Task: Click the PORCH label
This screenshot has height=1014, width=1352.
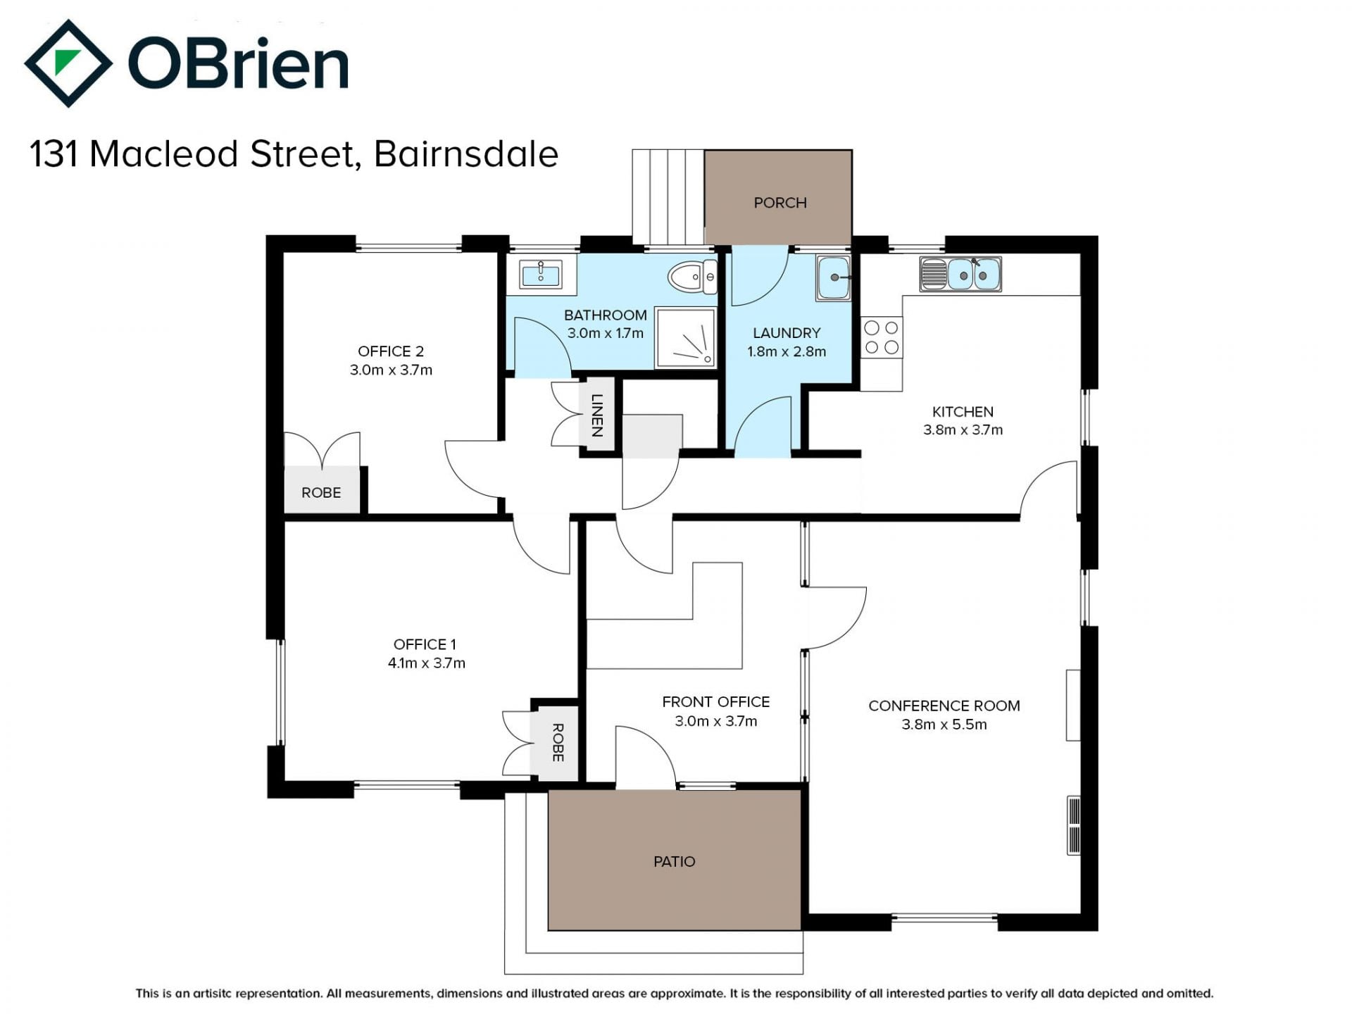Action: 780,203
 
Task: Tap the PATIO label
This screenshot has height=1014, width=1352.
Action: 674,861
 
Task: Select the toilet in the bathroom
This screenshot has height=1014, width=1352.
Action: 692,277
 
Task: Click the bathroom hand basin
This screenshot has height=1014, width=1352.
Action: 540,274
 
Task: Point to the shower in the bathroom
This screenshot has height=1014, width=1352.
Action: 686,337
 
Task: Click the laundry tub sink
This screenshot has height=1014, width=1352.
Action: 834,278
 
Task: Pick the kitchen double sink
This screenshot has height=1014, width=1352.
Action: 960,274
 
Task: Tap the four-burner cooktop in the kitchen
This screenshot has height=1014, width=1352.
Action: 882,337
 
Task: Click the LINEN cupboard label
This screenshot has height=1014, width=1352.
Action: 597,415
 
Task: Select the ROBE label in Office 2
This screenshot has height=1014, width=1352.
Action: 321,492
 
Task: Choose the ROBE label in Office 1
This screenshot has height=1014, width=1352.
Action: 558,742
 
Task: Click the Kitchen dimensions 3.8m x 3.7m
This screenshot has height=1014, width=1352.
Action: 963,430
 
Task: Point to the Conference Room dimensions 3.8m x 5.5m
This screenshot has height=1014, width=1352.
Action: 944,724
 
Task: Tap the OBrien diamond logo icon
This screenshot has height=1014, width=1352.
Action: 68,63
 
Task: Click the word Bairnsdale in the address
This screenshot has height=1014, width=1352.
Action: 466,154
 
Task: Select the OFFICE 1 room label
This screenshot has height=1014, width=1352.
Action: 425,644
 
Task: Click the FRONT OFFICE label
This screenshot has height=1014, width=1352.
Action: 715,702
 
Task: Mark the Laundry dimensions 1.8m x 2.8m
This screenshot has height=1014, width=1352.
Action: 787,351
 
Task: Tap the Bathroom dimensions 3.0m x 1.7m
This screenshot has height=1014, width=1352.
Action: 606,333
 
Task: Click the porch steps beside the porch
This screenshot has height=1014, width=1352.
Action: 668,197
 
